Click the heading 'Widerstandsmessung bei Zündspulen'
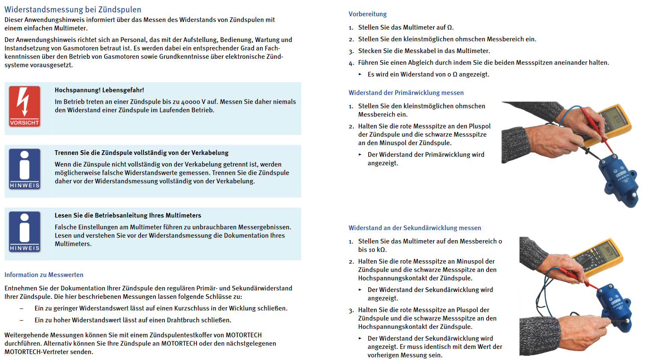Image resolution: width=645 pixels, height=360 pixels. (73, 9)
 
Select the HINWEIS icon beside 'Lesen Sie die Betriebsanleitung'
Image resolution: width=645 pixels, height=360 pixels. (24, 232)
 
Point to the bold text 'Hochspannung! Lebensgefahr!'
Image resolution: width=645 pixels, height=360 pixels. (99, 90)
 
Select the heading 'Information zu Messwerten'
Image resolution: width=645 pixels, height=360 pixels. (44, 275)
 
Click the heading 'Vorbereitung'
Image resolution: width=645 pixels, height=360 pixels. (367, 14)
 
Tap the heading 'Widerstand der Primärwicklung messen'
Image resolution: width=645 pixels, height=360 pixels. (406, 92)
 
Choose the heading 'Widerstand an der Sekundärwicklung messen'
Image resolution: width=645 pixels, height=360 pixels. (415, 228)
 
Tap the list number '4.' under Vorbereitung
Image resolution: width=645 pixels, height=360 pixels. (351, 63)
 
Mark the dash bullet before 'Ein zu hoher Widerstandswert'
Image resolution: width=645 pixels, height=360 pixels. (21, 320)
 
